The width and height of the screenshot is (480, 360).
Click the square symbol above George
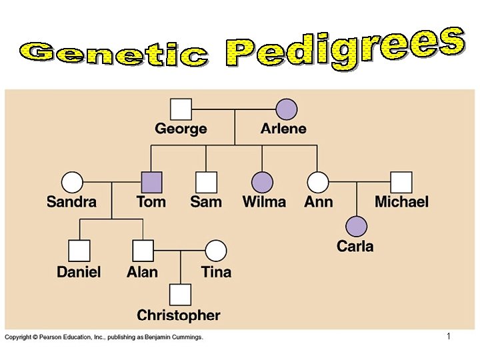tap(181, 109)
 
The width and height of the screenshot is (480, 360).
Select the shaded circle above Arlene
tap(287, 109)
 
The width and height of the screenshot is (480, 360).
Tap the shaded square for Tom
tap(151, 182)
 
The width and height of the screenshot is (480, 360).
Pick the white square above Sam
tap(206, 182)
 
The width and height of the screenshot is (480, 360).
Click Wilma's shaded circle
tap(263, 182)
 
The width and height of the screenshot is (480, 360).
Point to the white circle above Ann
tap(318, 182)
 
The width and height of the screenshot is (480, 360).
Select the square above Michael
tap(401, 182)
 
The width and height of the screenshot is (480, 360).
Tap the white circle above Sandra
tap(72, 182)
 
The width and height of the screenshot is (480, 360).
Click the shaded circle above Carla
tap(356, 227)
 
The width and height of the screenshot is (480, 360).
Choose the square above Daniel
tap(79, 251)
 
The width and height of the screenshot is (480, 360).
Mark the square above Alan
tap(143, 251)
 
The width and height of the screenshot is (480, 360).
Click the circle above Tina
tap(216, 251)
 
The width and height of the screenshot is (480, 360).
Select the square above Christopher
tap(180, 294)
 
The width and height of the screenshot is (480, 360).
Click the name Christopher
tap(179, 315)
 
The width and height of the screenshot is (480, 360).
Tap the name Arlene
tap(283, 129)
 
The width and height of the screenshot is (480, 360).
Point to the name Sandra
tap(71, 201)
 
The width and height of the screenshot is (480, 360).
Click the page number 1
tap(449, 337)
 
